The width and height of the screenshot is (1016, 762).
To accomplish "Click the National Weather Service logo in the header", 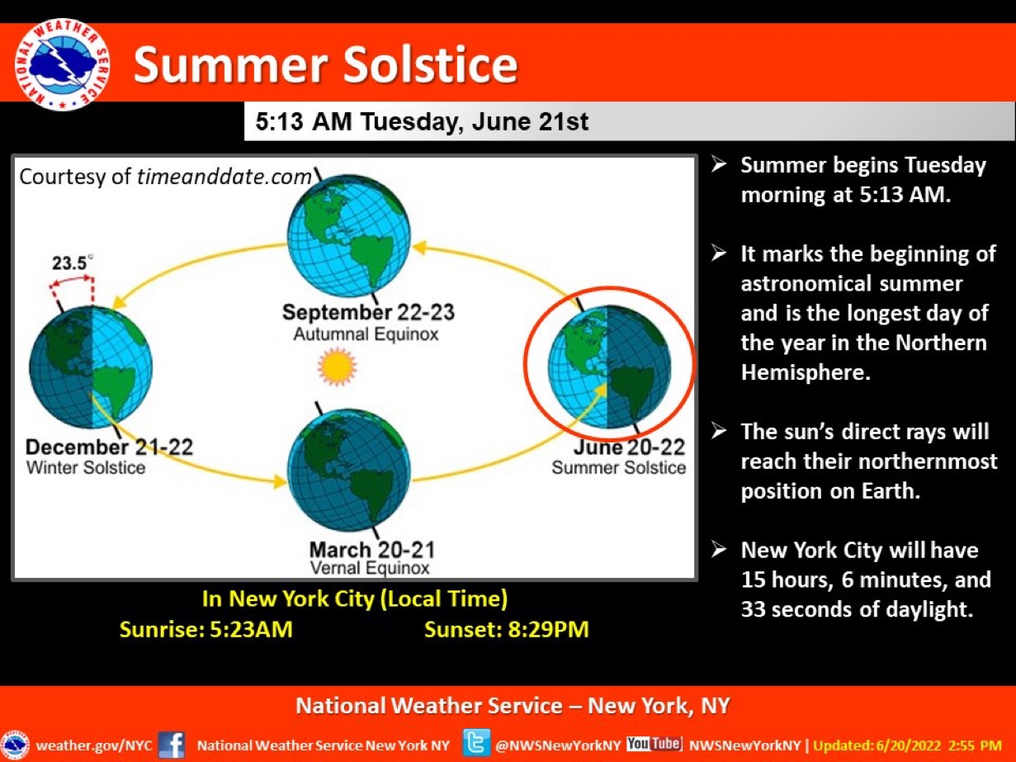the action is (x=62, y=65).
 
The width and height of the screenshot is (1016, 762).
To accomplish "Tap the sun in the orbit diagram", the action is (x=337, y=367).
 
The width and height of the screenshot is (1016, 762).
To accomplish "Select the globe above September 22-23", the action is (x=348, y=235).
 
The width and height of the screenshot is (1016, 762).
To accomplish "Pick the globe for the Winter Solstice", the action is (x=91, y=367).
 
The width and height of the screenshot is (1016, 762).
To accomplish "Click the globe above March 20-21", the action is (x=348, y=470).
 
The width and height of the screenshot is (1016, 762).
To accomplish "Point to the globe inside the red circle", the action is (x=609, y=367).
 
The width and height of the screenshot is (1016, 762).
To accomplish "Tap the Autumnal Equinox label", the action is (x=366, y=334).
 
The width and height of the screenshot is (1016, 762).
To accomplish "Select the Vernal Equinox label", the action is (x=370, y=568).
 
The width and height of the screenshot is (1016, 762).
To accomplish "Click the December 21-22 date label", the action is (x=109, y=447).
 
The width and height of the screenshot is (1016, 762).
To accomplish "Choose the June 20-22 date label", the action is (x=630, y=447).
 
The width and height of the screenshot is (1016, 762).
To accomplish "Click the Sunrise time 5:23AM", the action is (x=252, y=630).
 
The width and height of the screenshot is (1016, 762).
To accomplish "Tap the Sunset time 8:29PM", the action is (x=549, y=630).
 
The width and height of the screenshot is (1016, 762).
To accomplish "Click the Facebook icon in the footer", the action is (x=172, y=745).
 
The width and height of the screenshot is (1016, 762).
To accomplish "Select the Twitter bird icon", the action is (x=476, y=743).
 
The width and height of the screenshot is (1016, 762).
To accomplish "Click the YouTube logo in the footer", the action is (x=654, y=744).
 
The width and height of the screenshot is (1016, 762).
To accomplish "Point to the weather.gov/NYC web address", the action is (x=94, y=745).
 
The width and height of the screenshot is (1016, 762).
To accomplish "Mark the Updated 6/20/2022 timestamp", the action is (x=907, y=745).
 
